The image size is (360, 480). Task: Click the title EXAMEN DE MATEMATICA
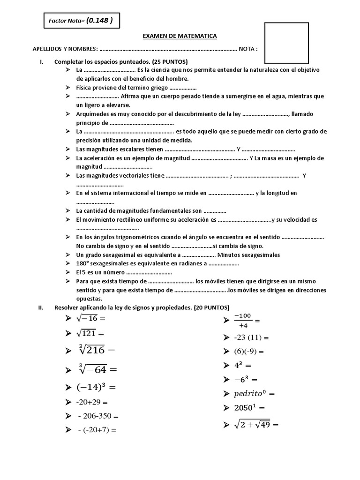coord(180,36)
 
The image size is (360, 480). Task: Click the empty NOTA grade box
coord(286,43)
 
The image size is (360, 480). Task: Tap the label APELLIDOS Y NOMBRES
coord(65,49)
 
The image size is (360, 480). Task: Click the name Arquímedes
coord(92,114)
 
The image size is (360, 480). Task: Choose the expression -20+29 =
coord(92,402)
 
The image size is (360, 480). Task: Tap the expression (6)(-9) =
coord(249,351)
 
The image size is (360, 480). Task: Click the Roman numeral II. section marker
coord(41,307)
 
